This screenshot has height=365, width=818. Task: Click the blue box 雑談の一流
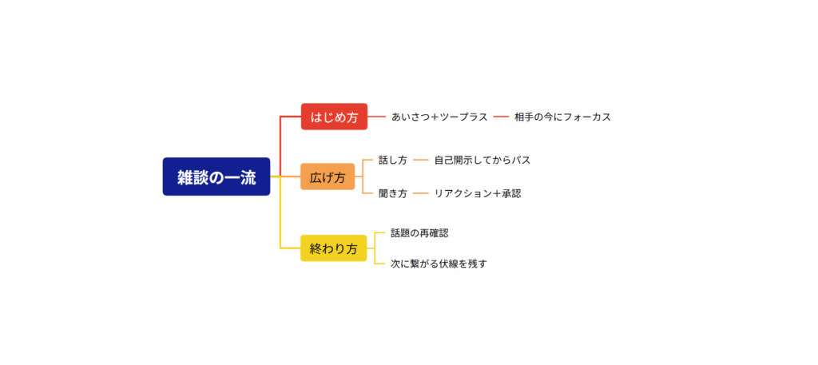tap(216, 177)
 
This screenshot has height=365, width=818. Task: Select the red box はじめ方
tap(335, 117)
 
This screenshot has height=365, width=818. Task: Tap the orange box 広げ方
tap(328, 177)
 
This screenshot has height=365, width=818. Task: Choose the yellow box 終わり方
tap(334, 248)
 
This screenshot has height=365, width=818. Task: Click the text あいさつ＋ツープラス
tap(439, 117)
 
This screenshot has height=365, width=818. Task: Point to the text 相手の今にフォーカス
tap(562, 117)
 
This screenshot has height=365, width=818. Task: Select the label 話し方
tap(393, 160)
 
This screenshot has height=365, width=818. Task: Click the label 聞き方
tap(393, 193)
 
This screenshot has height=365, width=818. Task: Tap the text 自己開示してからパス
tap(482, 160)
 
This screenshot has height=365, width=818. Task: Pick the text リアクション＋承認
tap(478, 193)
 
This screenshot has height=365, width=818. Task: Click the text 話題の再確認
tap(419, 233)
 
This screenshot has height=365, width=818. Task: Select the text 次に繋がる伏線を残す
tap(439, 264)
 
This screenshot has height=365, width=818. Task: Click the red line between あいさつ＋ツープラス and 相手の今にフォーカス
tap(501, 117)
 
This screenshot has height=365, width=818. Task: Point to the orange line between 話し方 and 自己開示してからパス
tap(421, 161)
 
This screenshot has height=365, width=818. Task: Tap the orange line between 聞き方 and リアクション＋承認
tap(421, 194)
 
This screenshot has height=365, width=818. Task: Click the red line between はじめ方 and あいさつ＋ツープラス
tap(377, 117)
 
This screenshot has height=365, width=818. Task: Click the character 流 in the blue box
tap(248, 177)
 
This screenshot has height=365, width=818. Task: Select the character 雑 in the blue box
tap(185, 177)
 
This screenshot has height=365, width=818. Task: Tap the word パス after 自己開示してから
tap(521, 160)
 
